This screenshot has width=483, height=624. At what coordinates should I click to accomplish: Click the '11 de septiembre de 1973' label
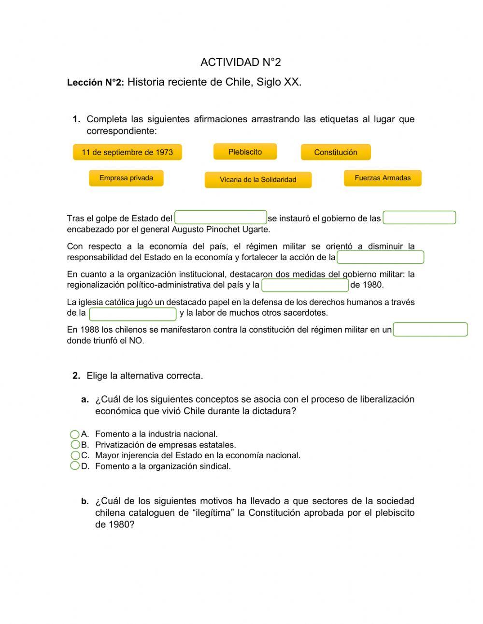coord(127,152)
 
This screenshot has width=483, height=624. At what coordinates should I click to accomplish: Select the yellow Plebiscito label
coord(245,152)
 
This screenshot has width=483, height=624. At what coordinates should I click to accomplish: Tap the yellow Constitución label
coord(336,152)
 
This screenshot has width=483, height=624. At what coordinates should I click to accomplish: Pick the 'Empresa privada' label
coord(126,178)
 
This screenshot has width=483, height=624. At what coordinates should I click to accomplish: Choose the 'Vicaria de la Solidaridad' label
coord(258,180)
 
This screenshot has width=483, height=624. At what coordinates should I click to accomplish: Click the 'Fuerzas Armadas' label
coord(383,178)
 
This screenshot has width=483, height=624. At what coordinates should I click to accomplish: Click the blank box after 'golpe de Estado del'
coord(221,218)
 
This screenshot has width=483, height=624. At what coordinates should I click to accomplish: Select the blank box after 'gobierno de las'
coord(419,218)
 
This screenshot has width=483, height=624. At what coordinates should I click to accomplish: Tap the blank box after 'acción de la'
coord(380,257)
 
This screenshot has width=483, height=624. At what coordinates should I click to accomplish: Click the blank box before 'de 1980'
coord(305,285)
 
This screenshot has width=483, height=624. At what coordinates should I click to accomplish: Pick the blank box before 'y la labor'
coord(133,314)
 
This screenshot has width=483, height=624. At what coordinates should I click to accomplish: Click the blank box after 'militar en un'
coord(430,330)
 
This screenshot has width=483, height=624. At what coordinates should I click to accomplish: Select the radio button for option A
coord(75,434)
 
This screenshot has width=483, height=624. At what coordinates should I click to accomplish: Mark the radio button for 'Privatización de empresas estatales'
coord(75,445)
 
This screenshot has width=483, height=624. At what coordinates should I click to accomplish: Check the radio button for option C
coord(75,455)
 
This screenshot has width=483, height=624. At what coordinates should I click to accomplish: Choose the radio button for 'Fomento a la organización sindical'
coord(75,466)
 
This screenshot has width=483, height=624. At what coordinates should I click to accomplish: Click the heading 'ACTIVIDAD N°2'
coord(241,62)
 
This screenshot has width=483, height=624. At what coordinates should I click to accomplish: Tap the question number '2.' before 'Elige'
coord(76,376)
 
